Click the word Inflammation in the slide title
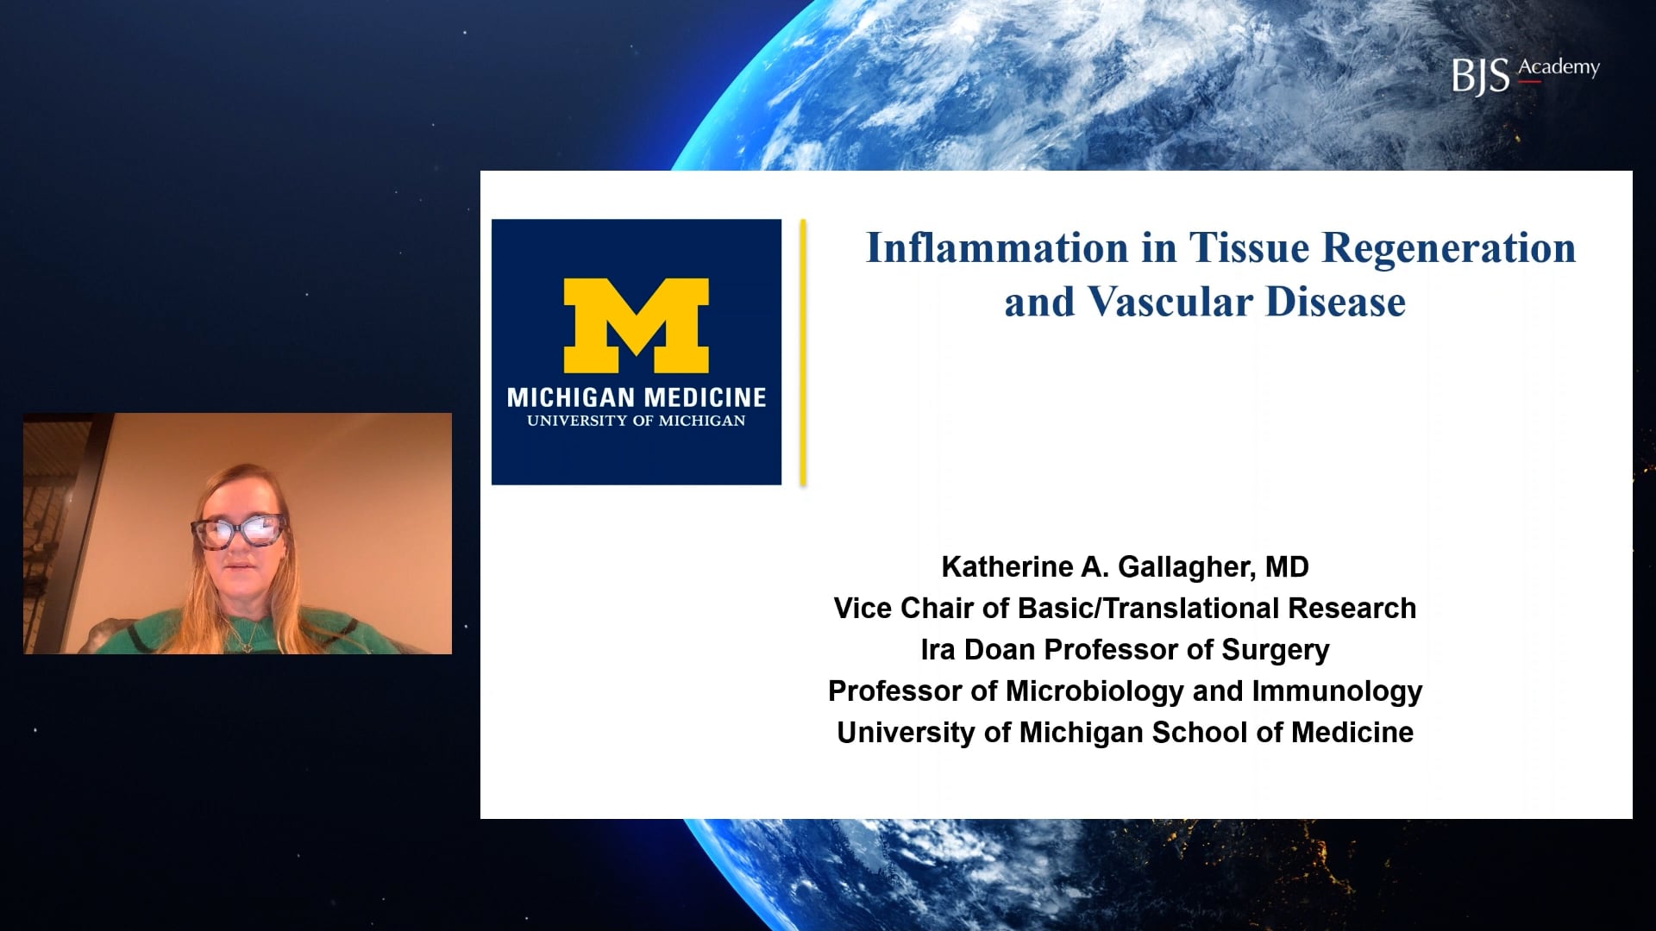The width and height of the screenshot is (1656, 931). pos(997,247)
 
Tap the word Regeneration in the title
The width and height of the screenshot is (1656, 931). pos(1449,249)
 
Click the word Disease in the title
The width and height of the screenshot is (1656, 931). pos(1336,302)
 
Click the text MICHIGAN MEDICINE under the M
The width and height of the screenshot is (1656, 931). pos(637,397)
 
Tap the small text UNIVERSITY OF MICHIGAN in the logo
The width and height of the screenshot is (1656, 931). pos(637,422)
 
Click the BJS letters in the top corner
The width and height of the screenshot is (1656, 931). pos(1481,76)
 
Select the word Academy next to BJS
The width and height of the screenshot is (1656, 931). pos(1559,68)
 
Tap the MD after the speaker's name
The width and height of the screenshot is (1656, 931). pos(1287,567)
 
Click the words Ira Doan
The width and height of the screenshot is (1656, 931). pos(979,650)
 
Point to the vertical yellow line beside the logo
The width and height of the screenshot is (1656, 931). pos(803,353)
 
